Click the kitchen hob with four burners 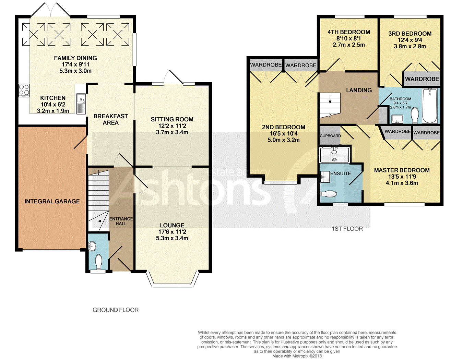pos(24,90)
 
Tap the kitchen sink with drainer pos(81,104)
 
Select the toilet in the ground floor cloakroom pos(99,262)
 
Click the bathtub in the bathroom pos(430,106)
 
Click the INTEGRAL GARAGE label pos(52,201)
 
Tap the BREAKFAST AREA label pos(110,119)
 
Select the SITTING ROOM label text pos(172,119)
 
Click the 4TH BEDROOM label pos(348,32)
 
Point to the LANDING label pos(359,90)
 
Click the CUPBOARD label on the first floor pos(330,136)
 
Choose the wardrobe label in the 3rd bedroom pos(422,79)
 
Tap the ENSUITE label pos(341,173)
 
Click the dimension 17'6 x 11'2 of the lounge pos(172,231)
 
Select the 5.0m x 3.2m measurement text pos(284,140)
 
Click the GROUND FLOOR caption pos(116,310)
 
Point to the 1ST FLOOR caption pos(347,229)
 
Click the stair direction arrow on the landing pos(330,99)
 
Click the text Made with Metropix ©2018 pos(297,356)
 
